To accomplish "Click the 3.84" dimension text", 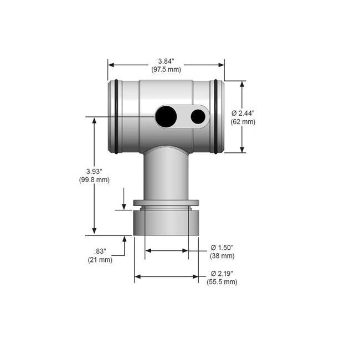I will (166, 61).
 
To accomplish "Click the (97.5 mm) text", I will (166, 69).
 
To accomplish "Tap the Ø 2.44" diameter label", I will (243, 113).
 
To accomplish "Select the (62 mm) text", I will (243, 121).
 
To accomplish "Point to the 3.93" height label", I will (95, 171).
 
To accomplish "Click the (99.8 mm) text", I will (95, 179).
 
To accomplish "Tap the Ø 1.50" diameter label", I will (223, 247).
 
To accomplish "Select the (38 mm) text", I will (222, 256).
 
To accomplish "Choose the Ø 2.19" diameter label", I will (222, 274).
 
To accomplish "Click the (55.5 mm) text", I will (222, 282).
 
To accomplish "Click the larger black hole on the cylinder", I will (166, 116).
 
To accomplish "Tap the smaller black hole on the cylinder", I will (198, 116).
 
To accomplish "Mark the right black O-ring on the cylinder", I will (215, 116).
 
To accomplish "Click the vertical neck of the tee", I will (166, 174).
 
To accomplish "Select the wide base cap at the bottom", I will (166, 223).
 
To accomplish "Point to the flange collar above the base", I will (166, 203).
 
